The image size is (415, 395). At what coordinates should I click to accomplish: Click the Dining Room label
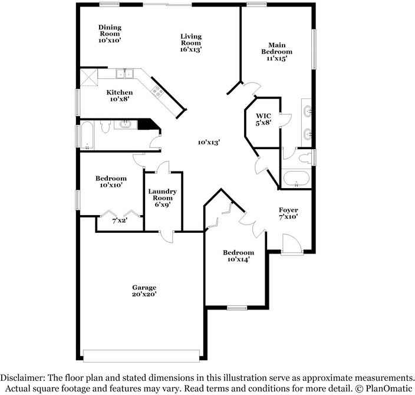pos(110,31)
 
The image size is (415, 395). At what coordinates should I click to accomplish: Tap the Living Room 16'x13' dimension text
pos(191,50)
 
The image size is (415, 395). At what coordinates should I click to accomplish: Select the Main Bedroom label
pos(277,48)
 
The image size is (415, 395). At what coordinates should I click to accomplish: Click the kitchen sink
pos(124,73)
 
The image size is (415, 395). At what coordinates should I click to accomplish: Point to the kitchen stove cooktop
pos(157,91)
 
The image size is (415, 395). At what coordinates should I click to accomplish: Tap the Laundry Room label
pos(162,195)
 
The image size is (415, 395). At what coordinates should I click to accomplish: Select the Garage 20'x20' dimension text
pos(144,294)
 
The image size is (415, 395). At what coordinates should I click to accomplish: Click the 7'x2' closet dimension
pos(120,220)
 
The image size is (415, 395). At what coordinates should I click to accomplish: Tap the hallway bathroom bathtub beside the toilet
pos(87,135)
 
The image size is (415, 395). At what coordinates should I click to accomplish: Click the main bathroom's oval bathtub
pos(296,179)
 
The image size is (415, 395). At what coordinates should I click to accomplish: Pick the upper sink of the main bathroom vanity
pos(308,111)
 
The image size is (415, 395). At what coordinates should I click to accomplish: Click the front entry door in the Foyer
pos(292,244)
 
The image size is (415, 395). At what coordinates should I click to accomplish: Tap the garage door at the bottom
pos(141,356)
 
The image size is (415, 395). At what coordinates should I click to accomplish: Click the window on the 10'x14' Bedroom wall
pos(237,308)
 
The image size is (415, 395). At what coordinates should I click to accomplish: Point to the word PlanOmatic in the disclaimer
pos(389,389)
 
